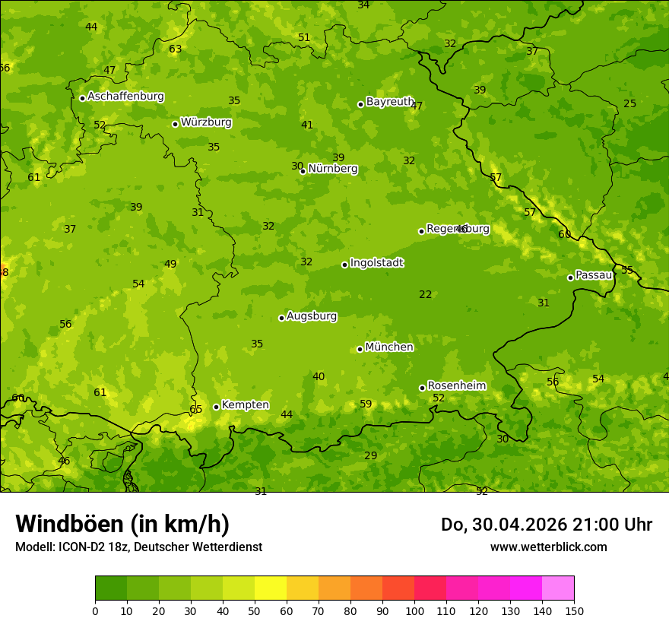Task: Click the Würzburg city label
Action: [206, 122]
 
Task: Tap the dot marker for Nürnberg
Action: [303, 171]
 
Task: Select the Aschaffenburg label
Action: [125, 97]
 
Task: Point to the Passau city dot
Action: [570, 277]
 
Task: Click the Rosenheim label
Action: [456, 386]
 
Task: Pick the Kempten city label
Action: [245, 405]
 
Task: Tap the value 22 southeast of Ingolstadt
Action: [425, 295]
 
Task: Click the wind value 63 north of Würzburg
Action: [175, 49]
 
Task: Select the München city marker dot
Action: [360, 349]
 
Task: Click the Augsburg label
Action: [311, 316]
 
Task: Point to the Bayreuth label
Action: [389, 102]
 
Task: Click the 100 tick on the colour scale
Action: [414, 610]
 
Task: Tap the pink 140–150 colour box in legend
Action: [558, 588]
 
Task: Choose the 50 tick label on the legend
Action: [255, 610]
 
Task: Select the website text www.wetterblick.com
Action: [548, 547]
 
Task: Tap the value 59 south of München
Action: [366, 404]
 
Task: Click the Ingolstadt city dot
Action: [344, 265]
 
